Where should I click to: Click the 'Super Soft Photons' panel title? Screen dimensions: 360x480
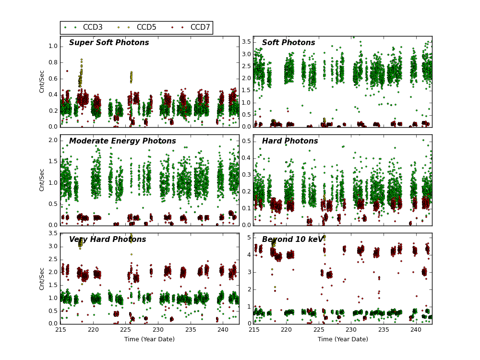[109, 43]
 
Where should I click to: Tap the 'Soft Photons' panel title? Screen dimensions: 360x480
[288, 43]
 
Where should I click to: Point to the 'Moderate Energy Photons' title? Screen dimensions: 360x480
[122, 141]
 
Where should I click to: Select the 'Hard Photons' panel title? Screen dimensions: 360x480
[290, 141]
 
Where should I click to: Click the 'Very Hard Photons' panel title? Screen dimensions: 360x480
[108, 240]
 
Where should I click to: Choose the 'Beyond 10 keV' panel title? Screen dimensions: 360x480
[293, 240]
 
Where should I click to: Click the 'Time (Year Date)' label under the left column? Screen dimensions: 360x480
[149, 339]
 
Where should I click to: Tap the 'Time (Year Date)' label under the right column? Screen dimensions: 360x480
[343, 339]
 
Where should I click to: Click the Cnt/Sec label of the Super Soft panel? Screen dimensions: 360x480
[42, 82]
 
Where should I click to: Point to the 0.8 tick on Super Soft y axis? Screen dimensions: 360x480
[53, 62]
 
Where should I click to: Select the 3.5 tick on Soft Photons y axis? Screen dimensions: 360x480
[246, 42]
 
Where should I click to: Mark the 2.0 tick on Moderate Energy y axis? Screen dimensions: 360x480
[53, 140]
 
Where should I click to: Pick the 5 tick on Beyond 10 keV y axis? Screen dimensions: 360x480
[249, 237]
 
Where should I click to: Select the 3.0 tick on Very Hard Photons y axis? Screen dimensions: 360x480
[53, 246]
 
